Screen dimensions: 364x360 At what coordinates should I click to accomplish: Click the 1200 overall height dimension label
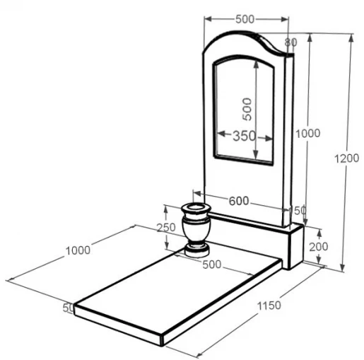[346, 158]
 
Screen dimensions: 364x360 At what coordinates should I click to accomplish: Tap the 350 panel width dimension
[244, 136]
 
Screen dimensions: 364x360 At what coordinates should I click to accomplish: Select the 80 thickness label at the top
[290, 42]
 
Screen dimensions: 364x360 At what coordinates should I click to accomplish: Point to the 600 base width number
[239, 201]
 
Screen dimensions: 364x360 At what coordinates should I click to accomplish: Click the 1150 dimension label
[269, 306]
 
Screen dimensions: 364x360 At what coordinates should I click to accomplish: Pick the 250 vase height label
[166, 228]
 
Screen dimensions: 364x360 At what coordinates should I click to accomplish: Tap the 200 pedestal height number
[318, 247]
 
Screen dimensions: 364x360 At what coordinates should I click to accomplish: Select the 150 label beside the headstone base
[298, 210]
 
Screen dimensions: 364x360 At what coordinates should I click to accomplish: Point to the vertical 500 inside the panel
[247, 109]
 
